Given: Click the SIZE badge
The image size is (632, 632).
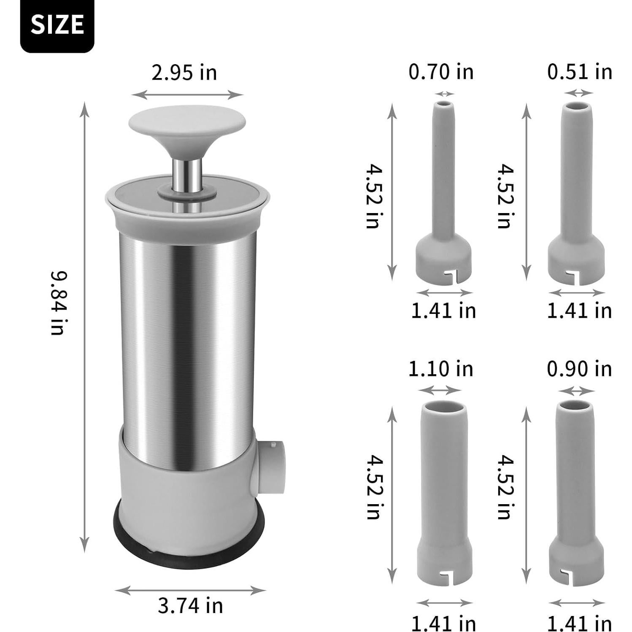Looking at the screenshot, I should click(x=57, y=25).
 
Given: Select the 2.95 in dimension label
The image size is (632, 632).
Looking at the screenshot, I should click(x=184, y=73).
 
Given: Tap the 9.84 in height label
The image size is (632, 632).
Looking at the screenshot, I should click(x=58, y=303).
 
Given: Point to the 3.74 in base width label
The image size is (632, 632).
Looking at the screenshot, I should click(x=190, y=606).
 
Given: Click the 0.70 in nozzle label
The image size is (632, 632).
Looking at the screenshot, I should click(x=441, y=71).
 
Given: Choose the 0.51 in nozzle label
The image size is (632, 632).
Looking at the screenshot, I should click(x=579, y=71).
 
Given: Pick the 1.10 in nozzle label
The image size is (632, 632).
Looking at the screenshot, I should click(x=440, y=369).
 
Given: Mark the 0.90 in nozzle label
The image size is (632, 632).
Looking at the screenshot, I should click(x=579, y=369).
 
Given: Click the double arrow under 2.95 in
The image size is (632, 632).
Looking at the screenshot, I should click(x=187, y=95).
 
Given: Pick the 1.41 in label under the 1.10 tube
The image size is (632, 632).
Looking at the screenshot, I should click(x=443, y=623).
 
